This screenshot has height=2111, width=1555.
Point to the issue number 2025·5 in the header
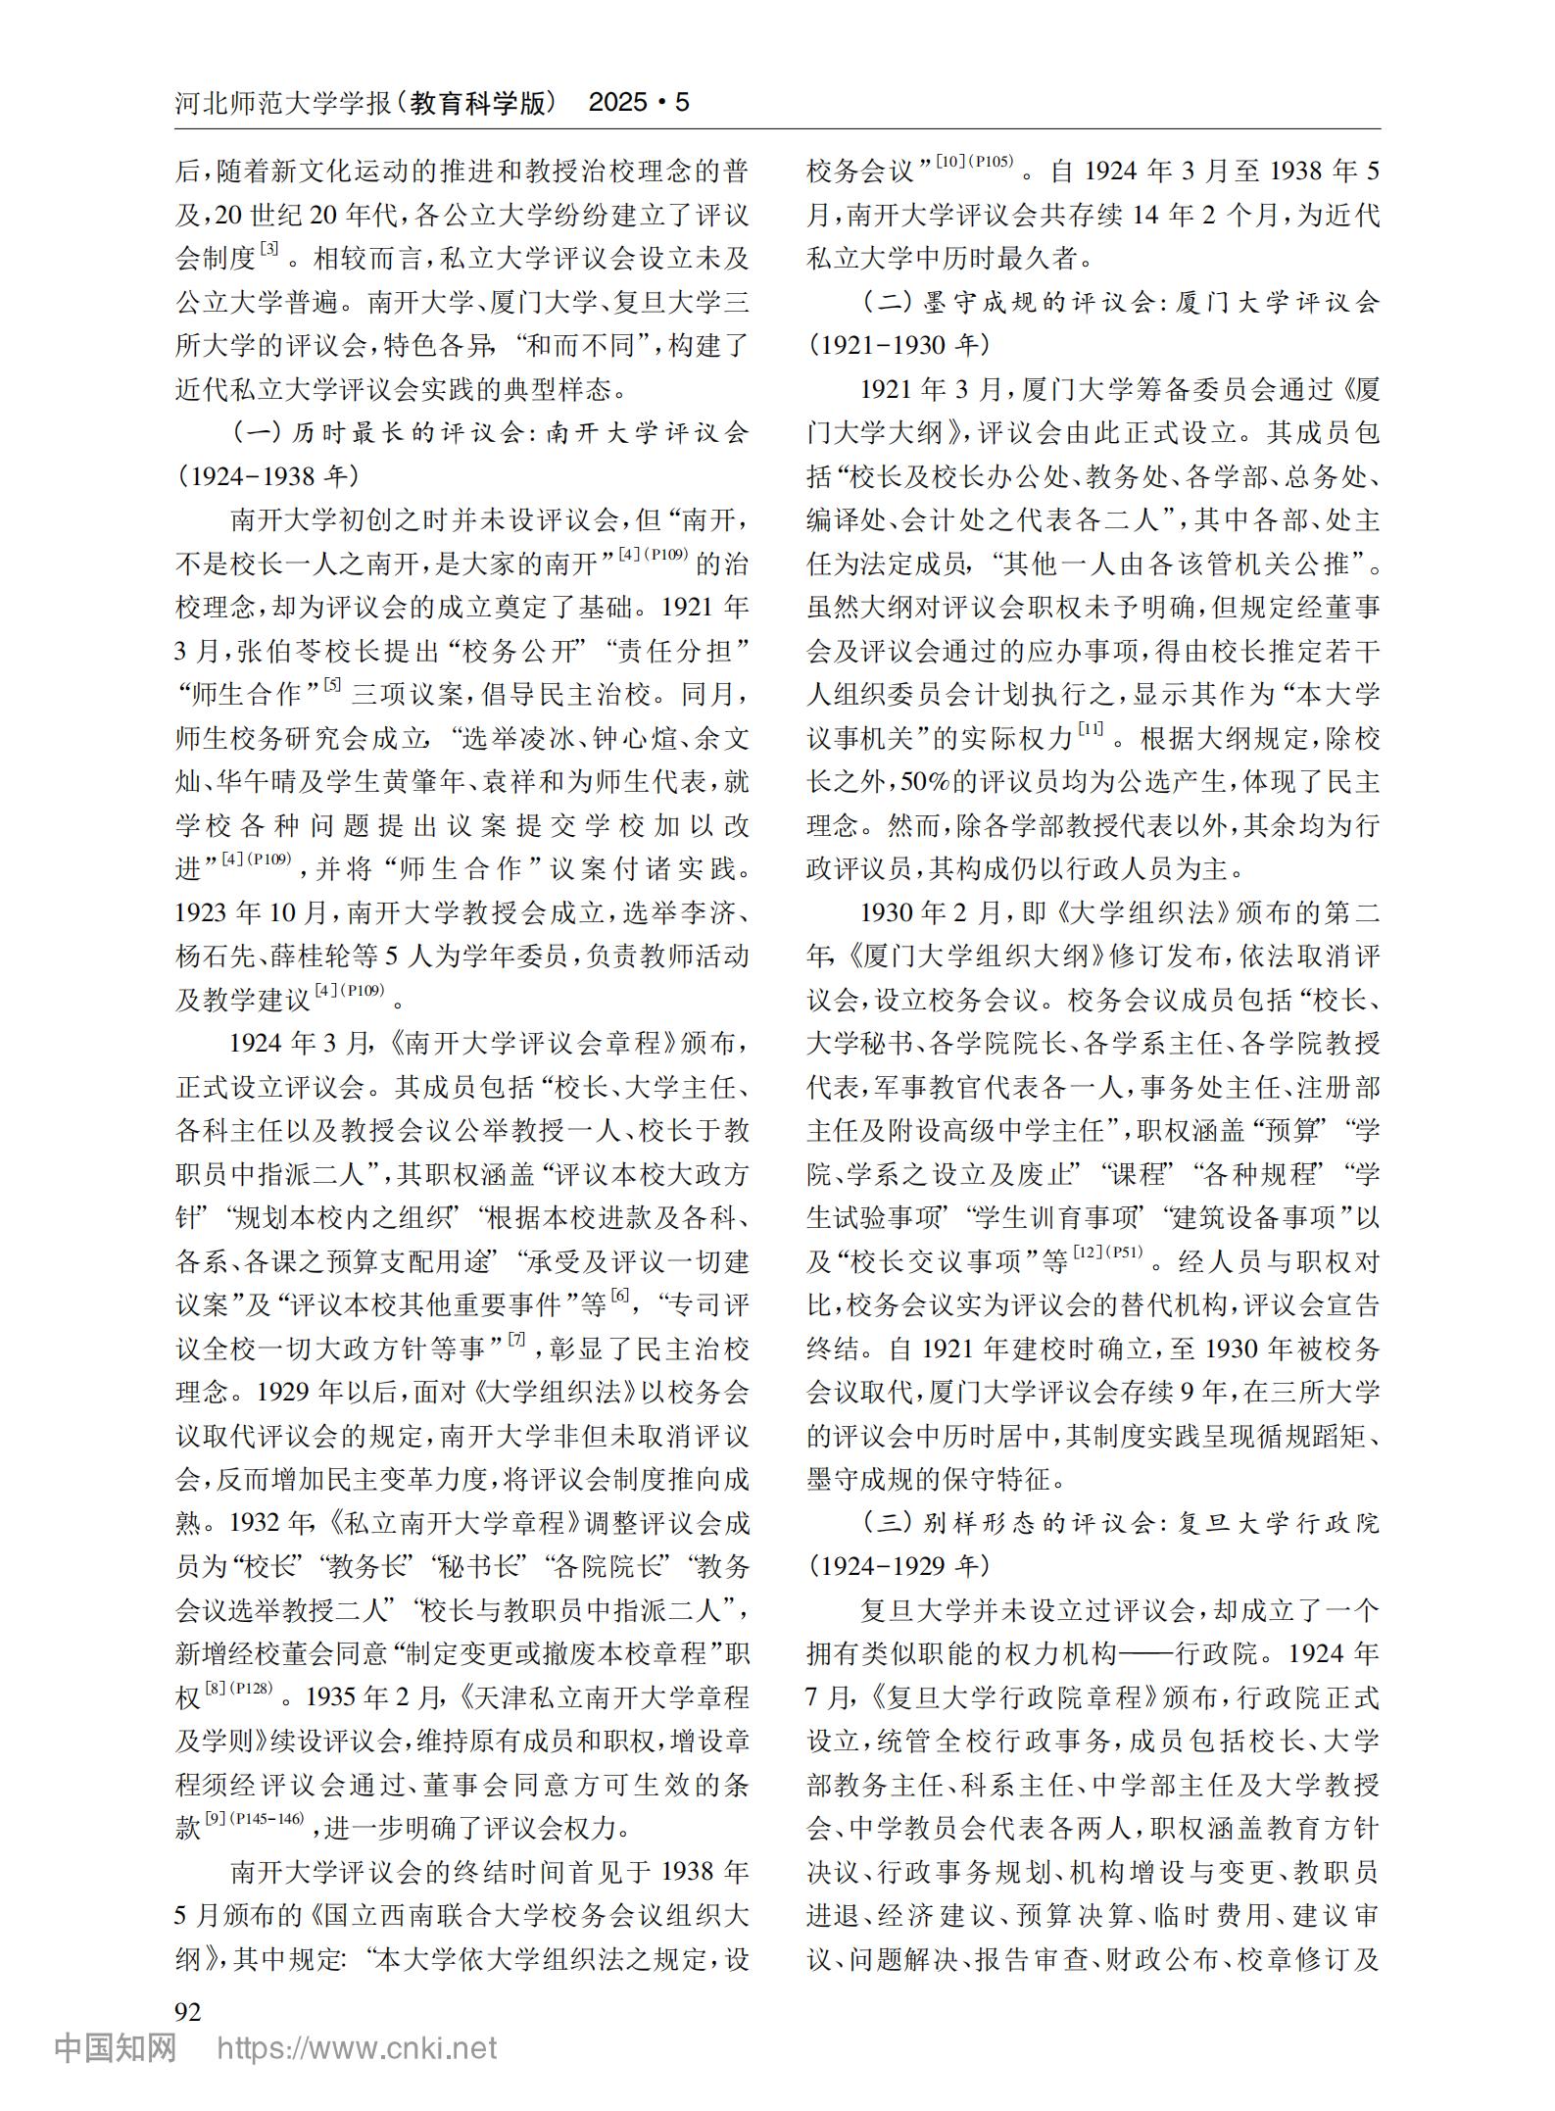point(638,103)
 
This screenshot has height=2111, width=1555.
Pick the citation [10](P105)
point(974,162)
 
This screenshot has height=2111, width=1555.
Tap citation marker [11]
point(1090,728)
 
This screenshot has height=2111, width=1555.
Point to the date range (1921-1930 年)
point(899,345)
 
